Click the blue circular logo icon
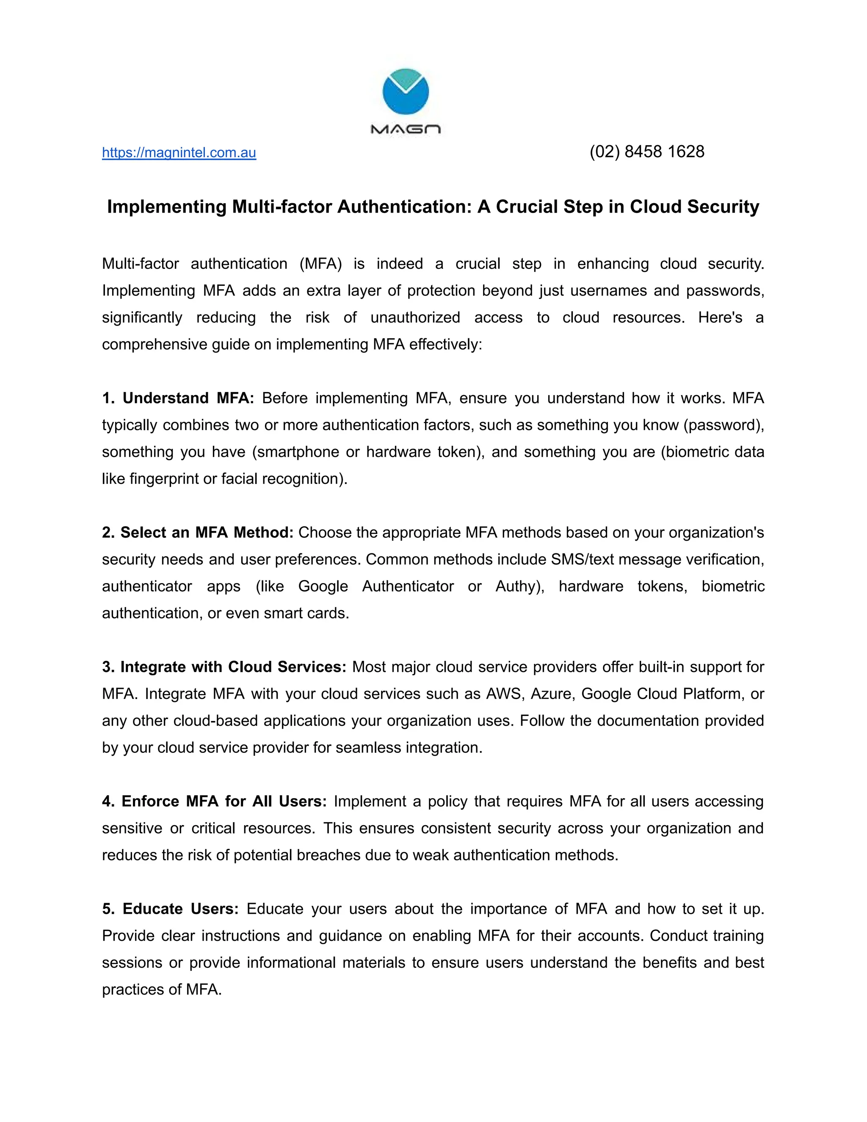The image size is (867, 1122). [x=405, y=91]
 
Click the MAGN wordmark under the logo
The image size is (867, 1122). [x=405, y=130]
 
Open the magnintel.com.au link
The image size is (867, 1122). [x=179, y=152]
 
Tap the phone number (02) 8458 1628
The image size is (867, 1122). [x=647, y=152]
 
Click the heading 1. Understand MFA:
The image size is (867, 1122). [x=178, y=398]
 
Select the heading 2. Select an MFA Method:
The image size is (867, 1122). [x=197, y=533]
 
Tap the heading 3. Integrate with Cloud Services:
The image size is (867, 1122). [x=224, y=667]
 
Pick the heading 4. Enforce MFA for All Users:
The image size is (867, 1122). [x=214, y=801]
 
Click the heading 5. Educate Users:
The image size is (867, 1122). [x=170, y=909]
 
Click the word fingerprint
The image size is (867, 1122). [x=163, y=479]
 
